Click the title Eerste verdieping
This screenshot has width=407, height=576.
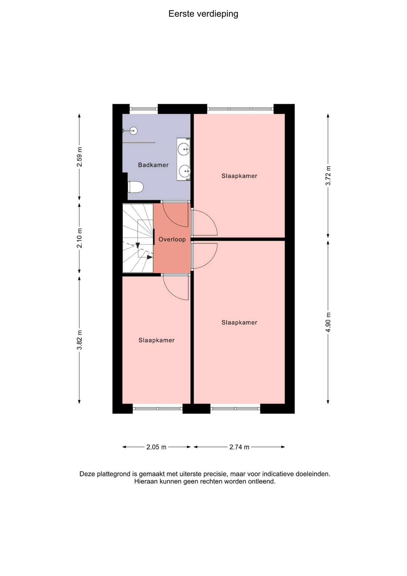(203, 14)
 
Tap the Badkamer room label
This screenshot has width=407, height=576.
(153, 165)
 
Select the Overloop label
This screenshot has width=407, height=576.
(172, 239)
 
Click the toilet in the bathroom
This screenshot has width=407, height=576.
(136, 187)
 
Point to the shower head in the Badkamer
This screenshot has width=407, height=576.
(134, 130)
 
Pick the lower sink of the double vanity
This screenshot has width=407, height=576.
(184, 171)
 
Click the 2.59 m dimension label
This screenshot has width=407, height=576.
(79, 157)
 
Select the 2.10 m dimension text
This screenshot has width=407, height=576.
(79, 238)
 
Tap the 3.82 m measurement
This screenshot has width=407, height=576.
(79, 340)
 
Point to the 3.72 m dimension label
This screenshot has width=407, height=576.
(328, 175)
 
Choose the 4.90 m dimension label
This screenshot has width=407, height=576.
(328, 322)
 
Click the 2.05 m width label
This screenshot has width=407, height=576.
(156, 447)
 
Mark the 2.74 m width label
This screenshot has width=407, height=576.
(239, 447)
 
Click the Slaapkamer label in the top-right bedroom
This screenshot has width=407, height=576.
(239, 176)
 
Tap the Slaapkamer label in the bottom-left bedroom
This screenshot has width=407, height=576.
(156, 340)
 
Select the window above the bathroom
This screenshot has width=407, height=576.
(144, 109)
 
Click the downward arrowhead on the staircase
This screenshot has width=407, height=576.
(138, 245)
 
